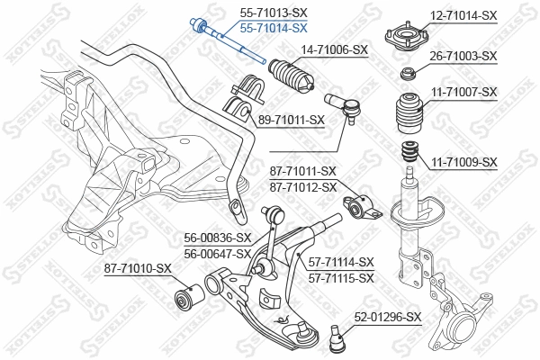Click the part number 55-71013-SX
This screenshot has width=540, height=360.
[x=273, y=13]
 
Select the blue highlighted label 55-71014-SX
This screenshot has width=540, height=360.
[x=273, y=28]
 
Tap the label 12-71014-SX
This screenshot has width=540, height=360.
[x=463, y=15]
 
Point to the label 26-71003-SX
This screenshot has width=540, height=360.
[x=463, y=56]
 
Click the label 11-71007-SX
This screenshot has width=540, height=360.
[x=463, y=92]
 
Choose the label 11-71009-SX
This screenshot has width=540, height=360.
[x=463, y=162]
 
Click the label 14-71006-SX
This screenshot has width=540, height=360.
[x=334, y=49]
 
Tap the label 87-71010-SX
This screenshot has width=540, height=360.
[x=137, y=268]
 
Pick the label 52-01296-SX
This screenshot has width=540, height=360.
[x=387, y=317]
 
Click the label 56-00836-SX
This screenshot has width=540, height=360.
[x=216, y=238]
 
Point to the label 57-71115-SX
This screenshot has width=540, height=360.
[x=340, y=278]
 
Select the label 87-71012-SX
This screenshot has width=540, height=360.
[x=302, y=186]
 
